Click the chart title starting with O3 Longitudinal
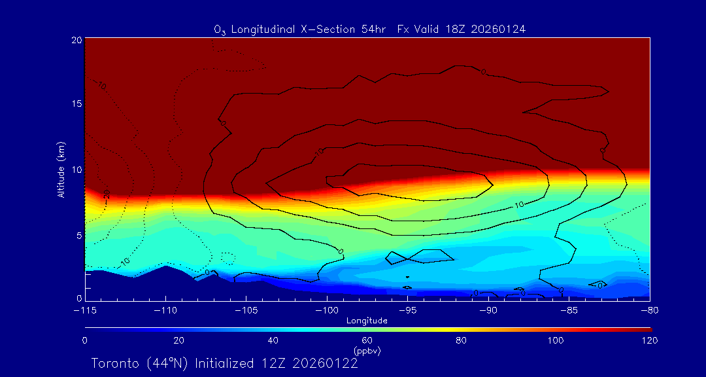pos(370,29)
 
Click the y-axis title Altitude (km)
pos(61,170)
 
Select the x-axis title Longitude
pos(367,321)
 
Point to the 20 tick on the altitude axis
pos(76,40)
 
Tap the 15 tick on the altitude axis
pos(76,104)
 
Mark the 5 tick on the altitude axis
pos(78,234)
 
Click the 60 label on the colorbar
pos(367,340)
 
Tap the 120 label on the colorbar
pos(649,340)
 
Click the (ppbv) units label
pos(367,351)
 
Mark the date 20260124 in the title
pos(499,29)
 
